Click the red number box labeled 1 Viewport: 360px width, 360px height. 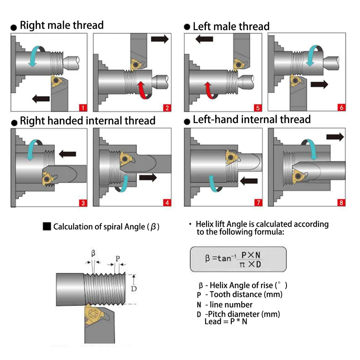82,108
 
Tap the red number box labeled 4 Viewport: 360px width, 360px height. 167,203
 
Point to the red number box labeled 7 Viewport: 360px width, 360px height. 258,203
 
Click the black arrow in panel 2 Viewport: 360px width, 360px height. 159,39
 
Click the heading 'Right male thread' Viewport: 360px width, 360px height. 62,26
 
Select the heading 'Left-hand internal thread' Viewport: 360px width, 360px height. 252,120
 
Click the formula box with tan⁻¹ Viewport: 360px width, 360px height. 238,259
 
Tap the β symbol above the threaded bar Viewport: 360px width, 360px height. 93,253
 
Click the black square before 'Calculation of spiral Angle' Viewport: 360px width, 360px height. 47,226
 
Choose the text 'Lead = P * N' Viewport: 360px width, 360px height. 226,321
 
